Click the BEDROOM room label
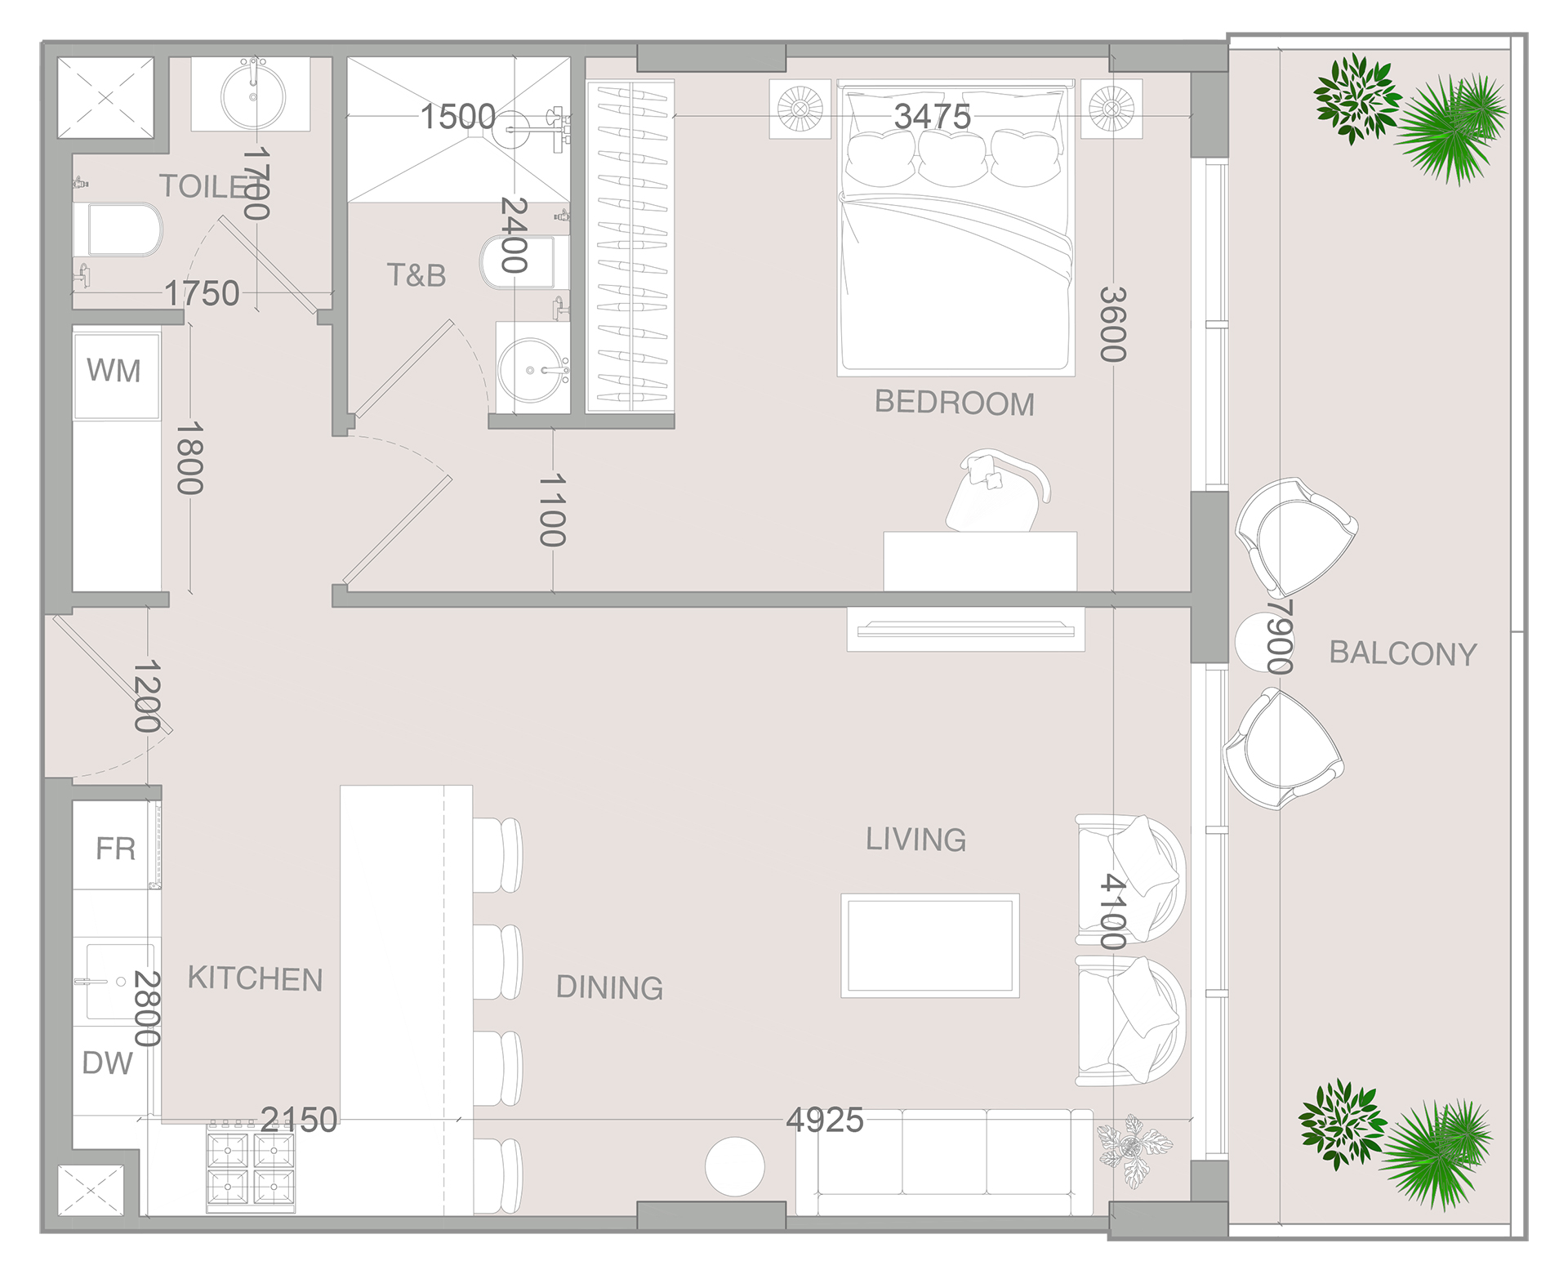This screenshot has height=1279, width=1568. pos(954,403)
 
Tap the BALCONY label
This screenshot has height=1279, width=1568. pos(1403,653)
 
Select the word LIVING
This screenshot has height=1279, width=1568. pos(915,840)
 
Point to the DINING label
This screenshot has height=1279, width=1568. pos(609,987)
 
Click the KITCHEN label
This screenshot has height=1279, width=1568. pos(255,978)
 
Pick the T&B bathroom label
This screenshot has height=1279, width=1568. pos(416,275)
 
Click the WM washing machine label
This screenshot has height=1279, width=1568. pos(114,371)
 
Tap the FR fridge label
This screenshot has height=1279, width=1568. pos(115,849)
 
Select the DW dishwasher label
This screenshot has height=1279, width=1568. pos(107,1063)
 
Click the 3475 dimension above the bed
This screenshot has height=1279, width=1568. pos(933,116)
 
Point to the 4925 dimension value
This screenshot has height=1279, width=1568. pos(825,1120)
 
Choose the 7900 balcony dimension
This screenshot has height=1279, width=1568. pos(1280,637)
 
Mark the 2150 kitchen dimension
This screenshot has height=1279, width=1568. pos(299,1120)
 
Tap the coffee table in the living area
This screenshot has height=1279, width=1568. pos(930,945)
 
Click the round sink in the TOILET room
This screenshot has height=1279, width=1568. pos(253,96)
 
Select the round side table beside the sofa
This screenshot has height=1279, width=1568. pos(735,1167)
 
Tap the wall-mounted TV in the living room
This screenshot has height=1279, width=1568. pos(965,629)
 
